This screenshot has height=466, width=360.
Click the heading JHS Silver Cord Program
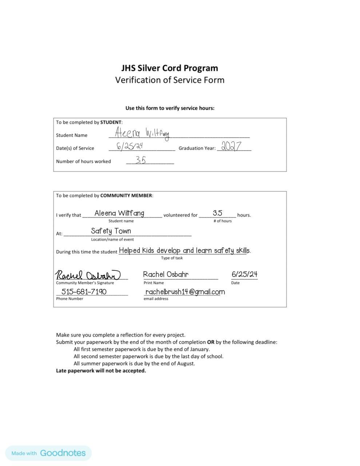click(x=170, y=68)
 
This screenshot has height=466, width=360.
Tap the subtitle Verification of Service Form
click(x=170, y=80)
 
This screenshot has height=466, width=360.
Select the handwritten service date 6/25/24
click(x=130, y=146)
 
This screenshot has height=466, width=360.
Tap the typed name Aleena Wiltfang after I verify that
click(x=119, y=213)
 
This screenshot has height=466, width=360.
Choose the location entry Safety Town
click(x=111, y=231)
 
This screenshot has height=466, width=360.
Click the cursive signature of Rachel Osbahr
click(x=88, y=275)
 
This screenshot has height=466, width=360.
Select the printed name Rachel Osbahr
click(x=166, y=275)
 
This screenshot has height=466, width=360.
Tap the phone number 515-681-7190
click(x=84, y=292)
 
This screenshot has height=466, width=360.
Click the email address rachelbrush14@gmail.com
click(x=185, y=292)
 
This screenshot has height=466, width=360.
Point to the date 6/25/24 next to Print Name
click(x=244, y=274)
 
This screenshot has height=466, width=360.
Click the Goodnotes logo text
click(x=63, y=453)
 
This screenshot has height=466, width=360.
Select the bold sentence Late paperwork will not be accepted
click(x=101, y=371)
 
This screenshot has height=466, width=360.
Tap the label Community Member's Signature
click(x=85, y=283)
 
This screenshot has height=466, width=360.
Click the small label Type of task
click(x=172, y=258)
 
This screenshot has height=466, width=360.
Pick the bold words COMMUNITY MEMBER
click(x=126, y=196)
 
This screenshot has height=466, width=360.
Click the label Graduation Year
click(x=197, y=148)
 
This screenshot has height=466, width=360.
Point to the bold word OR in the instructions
click(x=211, y=342)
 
